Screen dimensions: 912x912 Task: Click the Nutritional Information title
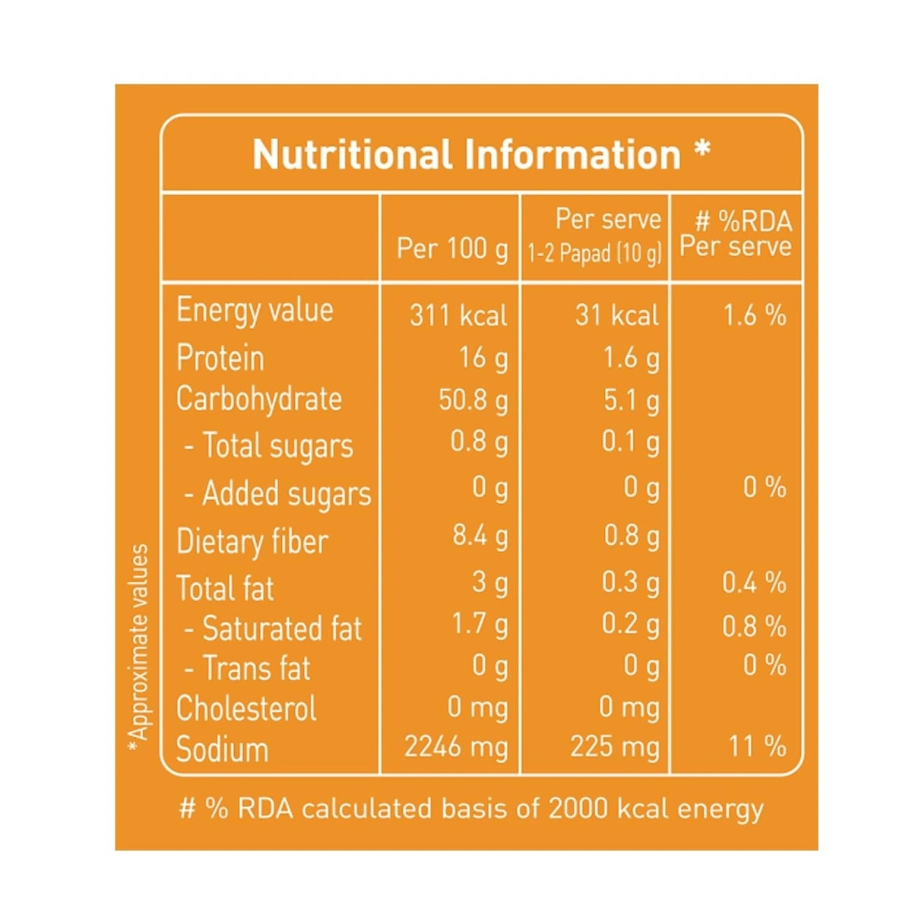[x=481, y=154]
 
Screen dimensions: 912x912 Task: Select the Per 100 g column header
[x=451, y=249]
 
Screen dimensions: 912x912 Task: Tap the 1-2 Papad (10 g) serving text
[x=594, y=253]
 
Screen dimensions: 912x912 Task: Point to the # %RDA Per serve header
[x=735, y=234]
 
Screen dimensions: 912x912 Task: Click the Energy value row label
[x=255, y=311]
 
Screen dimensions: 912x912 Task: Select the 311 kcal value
[x=458, y=315]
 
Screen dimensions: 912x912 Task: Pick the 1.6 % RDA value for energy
[x=754, y=315]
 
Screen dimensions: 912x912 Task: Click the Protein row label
[x=220, y=358]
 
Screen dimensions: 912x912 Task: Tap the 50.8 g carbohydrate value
[x=473, y=400]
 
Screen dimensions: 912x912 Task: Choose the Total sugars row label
[x=270, y=446]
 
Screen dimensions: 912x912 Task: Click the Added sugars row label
[x=278, y=494]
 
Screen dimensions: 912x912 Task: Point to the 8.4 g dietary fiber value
[x=480, y=537]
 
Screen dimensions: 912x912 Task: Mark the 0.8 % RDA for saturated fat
[x=754, y=626]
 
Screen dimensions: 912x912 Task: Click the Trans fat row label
[x=249, y=669]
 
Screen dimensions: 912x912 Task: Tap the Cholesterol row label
[x=246, y=708]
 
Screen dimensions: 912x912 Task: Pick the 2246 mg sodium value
[x=455, y=747]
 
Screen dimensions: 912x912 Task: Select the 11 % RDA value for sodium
[x=757, y=746]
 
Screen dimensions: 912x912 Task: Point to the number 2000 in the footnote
[x=579, y=809]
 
